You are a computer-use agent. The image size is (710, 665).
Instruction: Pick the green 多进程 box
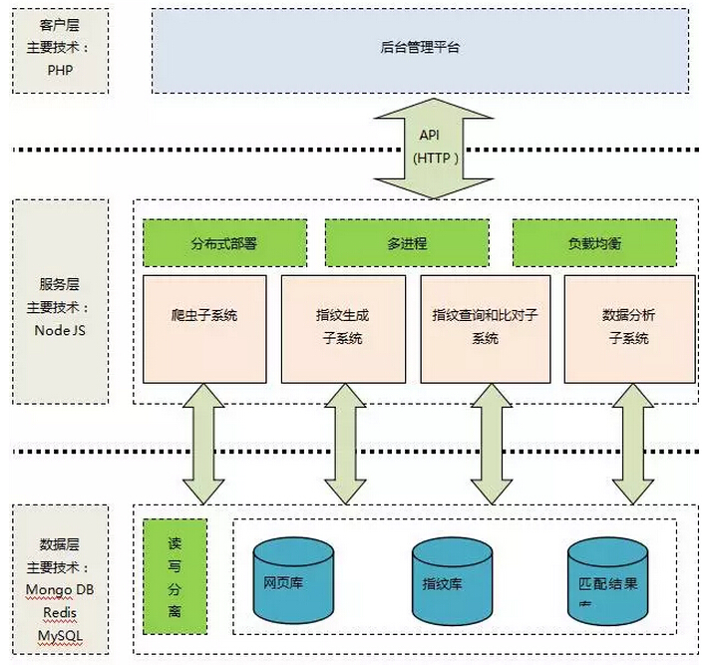point(407,243)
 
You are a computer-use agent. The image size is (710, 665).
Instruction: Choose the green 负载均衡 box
point(594,243)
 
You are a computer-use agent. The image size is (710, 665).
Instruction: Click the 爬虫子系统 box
point(204,328)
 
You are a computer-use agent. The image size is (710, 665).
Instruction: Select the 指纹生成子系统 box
point(343,328)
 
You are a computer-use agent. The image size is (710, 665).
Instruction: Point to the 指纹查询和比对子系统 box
point(484,328)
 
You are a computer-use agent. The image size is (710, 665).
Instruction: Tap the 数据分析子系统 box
point(628,328)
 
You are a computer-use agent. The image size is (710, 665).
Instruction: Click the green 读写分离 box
point(175,576)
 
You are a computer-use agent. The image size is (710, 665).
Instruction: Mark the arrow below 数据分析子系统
point(632,444)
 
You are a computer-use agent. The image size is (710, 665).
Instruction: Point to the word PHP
point(60,71)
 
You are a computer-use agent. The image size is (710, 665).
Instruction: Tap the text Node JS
point(60,330)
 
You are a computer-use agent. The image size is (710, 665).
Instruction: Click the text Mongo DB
point(60,589)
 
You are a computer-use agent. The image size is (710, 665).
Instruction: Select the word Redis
point(60,611)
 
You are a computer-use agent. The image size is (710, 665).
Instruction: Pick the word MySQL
point(60,634)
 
